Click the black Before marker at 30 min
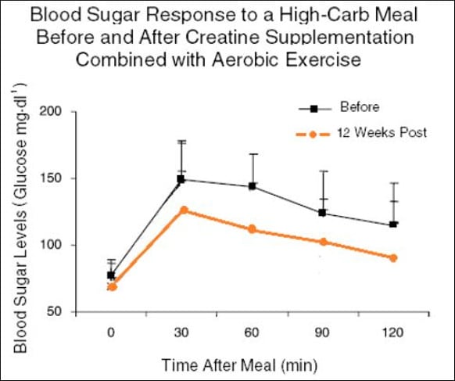(x=181, y=179)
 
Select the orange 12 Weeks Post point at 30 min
(x=182, y=210)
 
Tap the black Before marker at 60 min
(x=253, y=186)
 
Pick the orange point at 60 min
(x=253, y=229)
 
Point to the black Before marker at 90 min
(x=323, y=213)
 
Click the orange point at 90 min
(x=323, y=242)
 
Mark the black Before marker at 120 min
(x=393, y=225)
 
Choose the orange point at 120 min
(x=393, y=257)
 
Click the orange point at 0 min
(x=112, y=287)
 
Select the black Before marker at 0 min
(x=111, y=275)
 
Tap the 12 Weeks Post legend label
(x=382, y=133)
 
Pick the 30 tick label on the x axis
(x=182, y=332)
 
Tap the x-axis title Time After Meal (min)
(x=252, y=364)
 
